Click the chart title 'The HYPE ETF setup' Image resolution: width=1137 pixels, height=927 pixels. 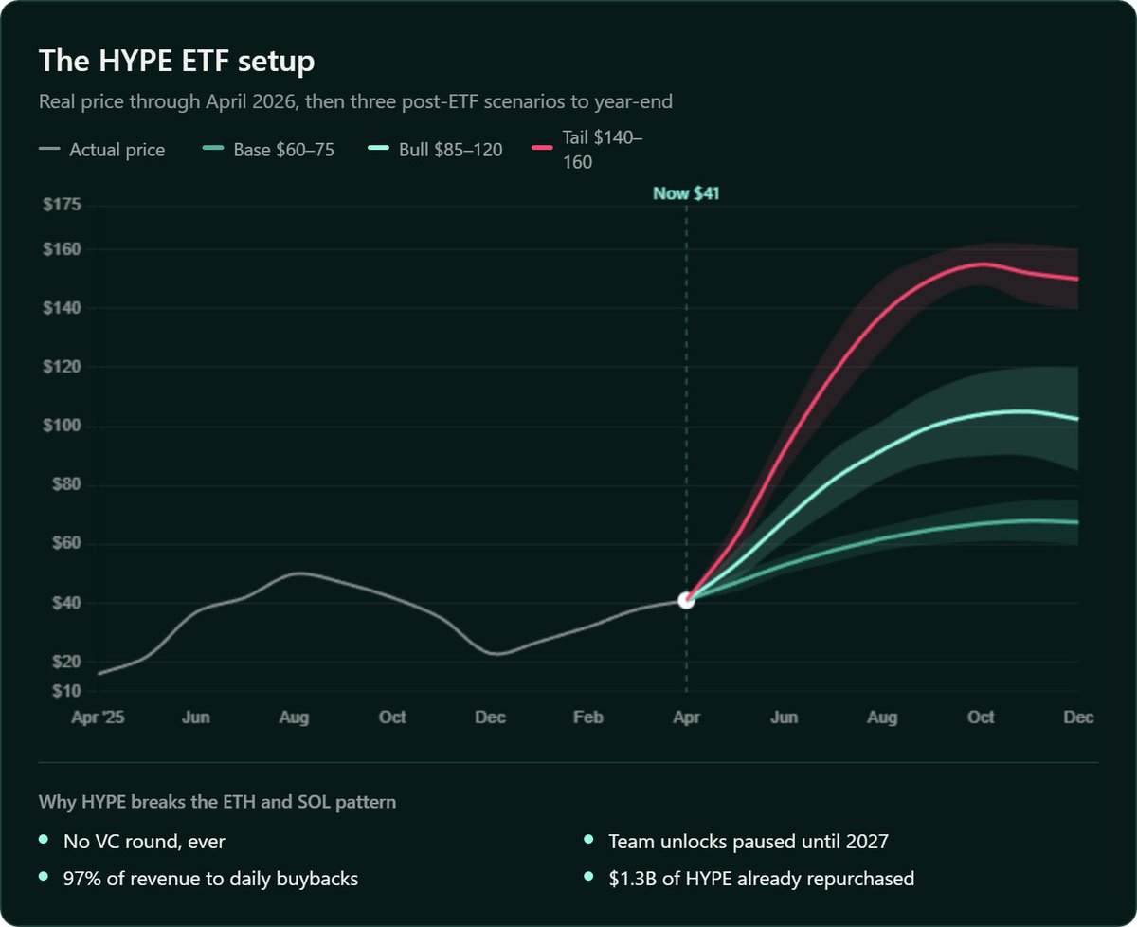click(177, 62)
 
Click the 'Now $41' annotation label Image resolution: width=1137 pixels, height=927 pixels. click(686, 194)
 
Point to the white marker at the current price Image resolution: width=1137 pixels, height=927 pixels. click(686, 600)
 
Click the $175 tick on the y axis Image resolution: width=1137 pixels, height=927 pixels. click(62, 206)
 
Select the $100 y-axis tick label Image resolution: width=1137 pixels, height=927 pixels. click(62, 427)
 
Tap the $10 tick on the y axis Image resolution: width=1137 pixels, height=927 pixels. click(64, 691)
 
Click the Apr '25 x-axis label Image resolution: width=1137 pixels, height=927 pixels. click(98, 718)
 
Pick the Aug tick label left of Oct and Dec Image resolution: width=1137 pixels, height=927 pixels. click(295, 718)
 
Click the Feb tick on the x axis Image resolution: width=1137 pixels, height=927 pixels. click(588, 718)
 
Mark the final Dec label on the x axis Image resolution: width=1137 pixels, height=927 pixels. click(1078, 718)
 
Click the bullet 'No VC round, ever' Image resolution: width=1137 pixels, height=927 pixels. click(144, 841)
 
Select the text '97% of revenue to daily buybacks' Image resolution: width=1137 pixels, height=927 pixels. click(210, 879)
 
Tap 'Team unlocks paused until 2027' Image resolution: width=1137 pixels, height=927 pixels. click(749, 841)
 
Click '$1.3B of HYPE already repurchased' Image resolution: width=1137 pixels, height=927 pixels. click(761, 879)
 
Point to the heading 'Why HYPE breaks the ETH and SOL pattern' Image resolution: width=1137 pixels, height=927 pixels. click(217, 802)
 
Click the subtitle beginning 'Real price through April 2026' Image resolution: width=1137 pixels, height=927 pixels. click(355, 101)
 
